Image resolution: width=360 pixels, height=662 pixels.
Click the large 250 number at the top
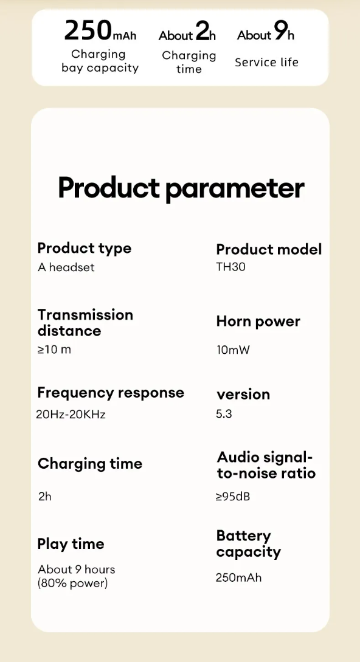(x=88, y=30)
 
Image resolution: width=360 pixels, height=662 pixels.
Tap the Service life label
(x=266, y=63)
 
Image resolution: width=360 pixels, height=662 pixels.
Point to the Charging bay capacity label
(x=100, y=61)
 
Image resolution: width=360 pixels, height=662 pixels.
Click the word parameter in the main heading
(x=235, y=188)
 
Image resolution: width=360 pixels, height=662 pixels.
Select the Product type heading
(x=84, y=248)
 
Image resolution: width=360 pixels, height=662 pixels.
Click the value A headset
(x=66, y=267)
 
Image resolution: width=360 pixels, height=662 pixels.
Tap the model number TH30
(x=230, y=267)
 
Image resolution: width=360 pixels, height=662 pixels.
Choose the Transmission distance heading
(x=85, y=323)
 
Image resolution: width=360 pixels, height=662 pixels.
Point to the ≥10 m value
(x=54, y=350)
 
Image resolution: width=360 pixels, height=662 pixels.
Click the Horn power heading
(x=258, y=322)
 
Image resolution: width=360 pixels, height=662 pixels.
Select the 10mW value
(x=234, y=350)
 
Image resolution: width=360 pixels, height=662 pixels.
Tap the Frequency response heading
(x=111, y=393)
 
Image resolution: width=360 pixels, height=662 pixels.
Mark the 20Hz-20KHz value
(x=71, y=414)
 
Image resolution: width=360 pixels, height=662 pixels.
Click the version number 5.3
(x=224, y=414)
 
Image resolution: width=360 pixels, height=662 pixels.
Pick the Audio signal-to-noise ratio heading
(x=266, y=465)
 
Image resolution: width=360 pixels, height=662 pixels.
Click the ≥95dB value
(x=233, y=497)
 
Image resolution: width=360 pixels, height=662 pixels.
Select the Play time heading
(x=71, y=544)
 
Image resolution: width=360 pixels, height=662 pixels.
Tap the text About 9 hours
(x=76, y=569)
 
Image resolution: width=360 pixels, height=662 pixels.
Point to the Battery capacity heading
(x=249, y=544)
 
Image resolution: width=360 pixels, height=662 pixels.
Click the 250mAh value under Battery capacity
(x=238, y=578)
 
